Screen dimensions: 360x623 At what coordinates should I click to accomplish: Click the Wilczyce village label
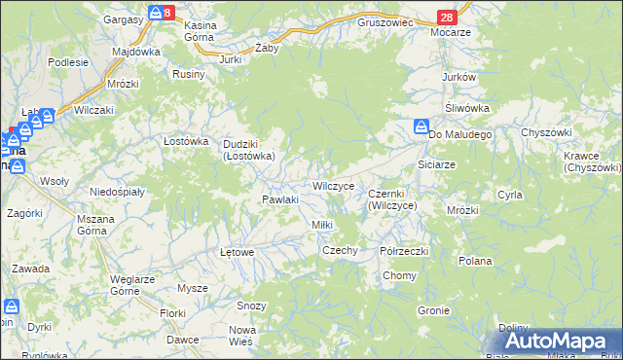(x=332, y=185)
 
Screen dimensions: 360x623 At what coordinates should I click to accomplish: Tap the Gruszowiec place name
(x=385, y=20)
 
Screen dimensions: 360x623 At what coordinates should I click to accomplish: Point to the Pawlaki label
(x=279, y=199)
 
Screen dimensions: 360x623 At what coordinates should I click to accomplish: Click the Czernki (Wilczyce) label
(x=392, y=199)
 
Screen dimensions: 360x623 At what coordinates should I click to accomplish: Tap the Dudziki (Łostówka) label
(x=247, y=149)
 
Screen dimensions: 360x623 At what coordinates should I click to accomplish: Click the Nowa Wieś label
(x=241, y=336)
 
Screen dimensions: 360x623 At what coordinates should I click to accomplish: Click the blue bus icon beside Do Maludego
(x=421, y=126)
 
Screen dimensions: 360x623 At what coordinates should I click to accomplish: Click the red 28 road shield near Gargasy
(x=167, y=13)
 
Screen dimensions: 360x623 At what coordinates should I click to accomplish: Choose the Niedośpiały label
(x=117, y=192)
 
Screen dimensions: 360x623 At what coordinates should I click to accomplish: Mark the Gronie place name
(x=432, y=310)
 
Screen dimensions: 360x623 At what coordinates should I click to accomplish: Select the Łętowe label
(x=238, y=252)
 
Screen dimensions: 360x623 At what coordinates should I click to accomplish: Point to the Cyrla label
(x=509, y=195)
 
